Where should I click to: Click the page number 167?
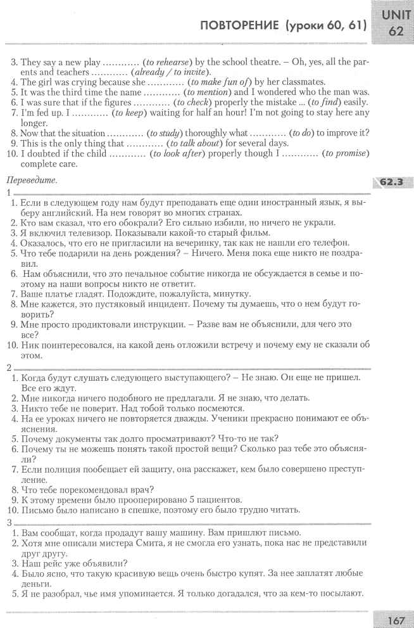click(397, 620)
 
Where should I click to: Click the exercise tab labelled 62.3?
click(391, 183)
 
